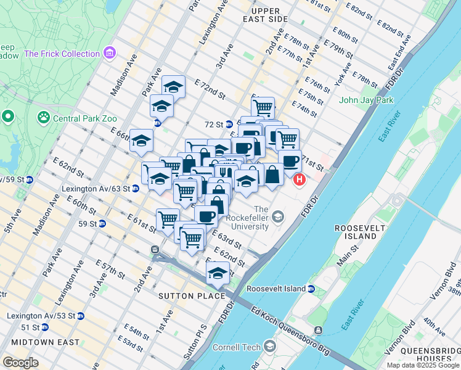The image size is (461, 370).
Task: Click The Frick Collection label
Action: pos(62,54)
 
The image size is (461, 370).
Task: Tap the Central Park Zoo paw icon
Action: pos(43,117)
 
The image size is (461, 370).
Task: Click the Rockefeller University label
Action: pos(247,218)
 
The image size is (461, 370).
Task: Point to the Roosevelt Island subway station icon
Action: pos(311,289)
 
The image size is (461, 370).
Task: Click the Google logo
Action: pos(20,363)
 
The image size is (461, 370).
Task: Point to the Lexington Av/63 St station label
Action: pos(96,189)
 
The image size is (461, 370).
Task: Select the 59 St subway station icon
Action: pos(102,223)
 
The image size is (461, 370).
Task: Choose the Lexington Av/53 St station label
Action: pos(41,316)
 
